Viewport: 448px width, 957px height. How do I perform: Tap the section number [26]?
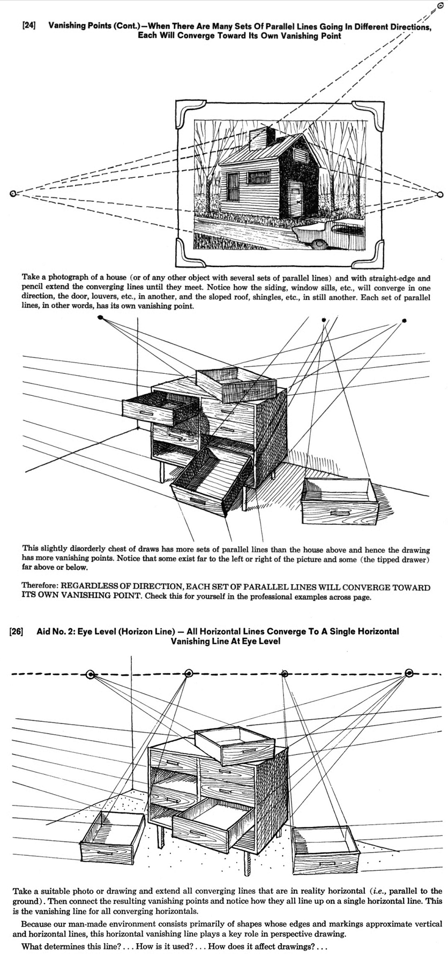coord(16,631)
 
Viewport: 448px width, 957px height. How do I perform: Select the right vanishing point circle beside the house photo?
coord(440,194)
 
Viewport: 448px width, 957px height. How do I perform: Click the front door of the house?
coord(295,199)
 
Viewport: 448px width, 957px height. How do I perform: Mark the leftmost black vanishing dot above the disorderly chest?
coord(100,318)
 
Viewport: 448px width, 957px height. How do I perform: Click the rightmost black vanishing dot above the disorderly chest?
coord(405,321)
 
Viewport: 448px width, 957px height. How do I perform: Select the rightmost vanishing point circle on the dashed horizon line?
coord(409,673)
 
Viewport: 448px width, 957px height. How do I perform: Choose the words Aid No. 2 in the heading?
coord(56,631)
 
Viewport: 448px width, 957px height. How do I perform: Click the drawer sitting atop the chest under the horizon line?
coord(235,745)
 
